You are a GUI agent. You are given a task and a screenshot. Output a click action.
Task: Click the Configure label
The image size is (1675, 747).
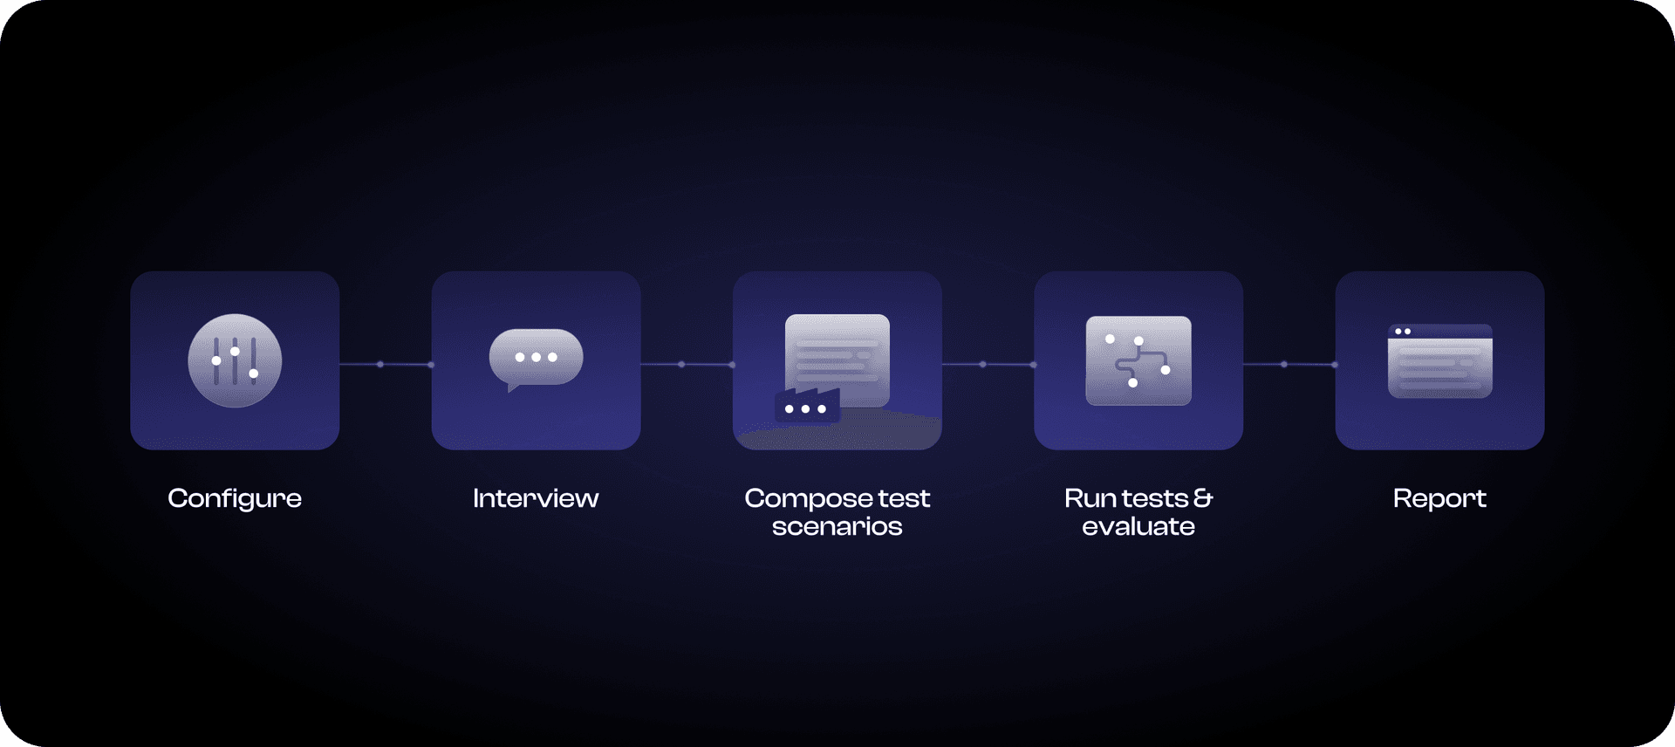point(235,499)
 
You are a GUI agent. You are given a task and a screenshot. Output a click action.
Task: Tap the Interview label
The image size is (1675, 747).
point(536,498)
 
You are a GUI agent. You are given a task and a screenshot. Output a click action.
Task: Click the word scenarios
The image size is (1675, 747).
point(837,526)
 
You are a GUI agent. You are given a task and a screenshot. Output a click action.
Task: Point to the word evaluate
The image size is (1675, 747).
point(1138,526)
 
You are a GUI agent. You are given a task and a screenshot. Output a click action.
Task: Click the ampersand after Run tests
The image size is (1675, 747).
point(1203,497)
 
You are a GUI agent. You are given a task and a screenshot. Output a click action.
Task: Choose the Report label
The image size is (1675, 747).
point(1439,499)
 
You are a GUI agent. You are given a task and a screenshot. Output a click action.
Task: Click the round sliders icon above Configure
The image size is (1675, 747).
point(235,360)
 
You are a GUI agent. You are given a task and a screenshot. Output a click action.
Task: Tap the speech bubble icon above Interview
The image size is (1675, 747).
point(536,360)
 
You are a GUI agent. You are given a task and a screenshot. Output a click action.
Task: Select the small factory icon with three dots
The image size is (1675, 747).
point(807,406)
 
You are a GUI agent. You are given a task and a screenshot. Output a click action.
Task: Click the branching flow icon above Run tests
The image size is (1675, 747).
point(1138,360)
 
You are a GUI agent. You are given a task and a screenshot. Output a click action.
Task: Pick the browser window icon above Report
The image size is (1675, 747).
point(1439,361)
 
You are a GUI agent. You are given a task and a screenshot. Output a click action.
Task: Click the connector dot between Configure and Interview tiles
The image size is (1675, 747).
point(380,364)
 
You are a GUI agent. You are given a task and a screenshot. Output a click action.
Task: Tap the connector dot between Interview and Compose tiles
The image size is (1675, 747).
point(681,364)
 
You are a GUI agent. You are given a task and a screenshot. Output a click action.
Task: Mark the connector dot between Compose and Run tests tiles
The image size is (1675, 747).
point(982,364)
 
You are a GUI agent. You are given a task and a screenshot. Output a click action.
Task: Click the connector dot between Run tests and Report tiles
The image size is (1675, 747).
point(1284,364)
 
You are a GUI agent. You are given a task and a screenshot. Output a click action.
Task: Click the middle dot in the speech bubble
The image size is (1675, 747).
point(537,357)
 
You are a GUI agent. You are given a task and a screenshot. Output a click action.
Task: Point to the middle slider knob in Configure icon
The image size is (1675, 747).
point(235,351)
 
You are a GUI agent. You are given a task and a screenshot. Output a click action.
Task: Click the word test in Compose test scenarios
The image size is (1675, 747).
point(904,498)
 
